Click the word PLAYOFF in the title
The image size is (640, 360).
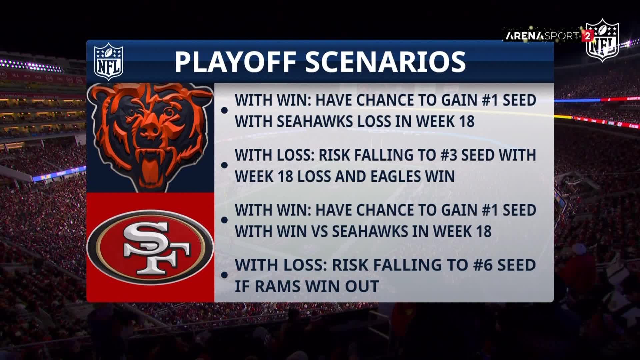pyautogui.click(x=236, y=62)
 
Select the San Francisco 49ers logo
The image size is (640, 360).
pyautogui.click(x=150, y=246)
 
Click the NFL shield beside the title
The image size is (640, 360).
pyautogui.click(x=109, y=62)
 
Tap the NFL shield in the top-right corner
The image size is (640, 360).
pyautogui.click(x=602, y=40)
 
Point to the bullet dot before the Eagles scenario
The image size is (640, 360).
pyautogui.click(x=224, y=165)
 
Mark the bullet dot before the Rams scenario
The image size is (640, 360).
pyautogui.click(x=224, y=275)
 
